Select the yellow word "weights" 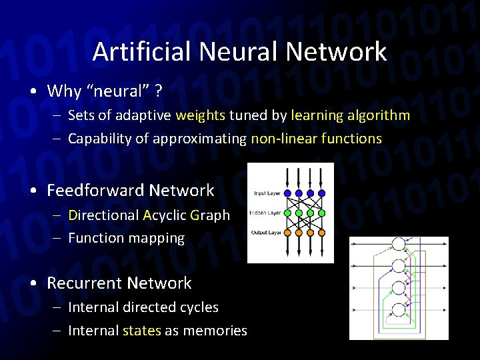(x=200, y=115)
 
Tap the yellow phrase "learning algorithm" (x=350, y=115)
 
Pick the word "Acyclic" (x=164, y=215)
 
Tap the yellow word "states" (x=142, y=331)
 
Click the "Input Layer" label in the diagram (x=267, y=193)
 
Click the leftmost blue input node (x=288, y=193)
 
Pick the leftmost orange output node (x=288, y=233)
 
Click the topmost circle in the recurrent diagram (x=399, y=245)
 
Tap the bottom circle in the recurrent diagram (x=399, y=309)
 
